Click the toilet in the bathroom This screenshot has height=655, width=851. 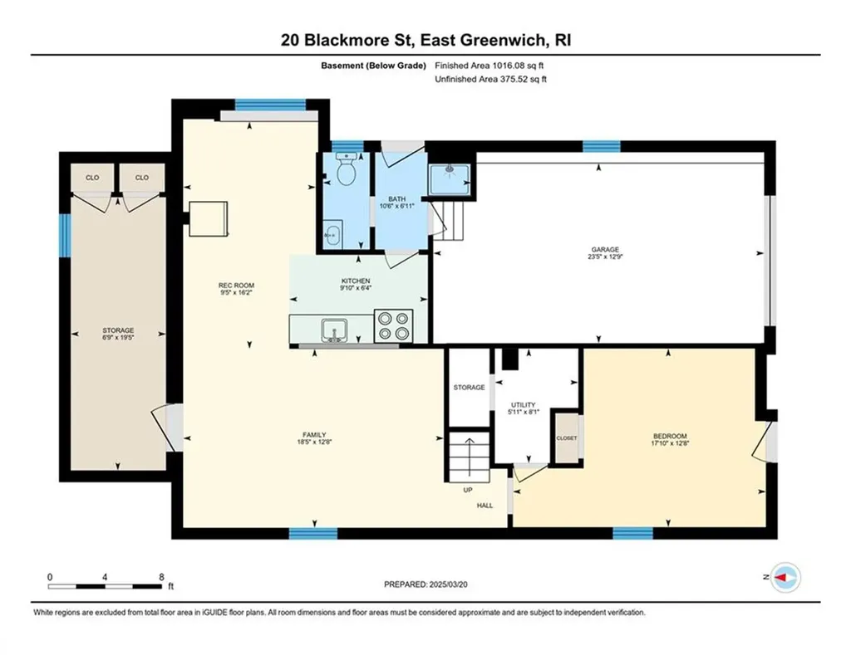tap(347, 172)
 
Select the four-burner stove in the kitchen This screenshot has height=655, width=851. tap(394, 325)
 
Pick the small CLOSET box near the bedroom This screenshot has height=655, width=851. tap(567, 438)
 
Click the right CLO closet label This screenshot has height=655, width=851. tap(141, 177)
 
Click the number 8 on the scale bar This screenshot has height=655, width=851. tap(161, 576)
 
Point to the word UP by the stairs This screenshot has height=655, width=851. tap(468, 490)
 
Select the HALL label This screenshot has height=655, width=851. tap(485, 506)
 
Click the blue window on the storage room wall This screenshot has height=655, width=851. tap(63, 234)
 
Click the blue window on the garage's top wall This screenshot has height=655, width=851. tap(601, 147)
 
